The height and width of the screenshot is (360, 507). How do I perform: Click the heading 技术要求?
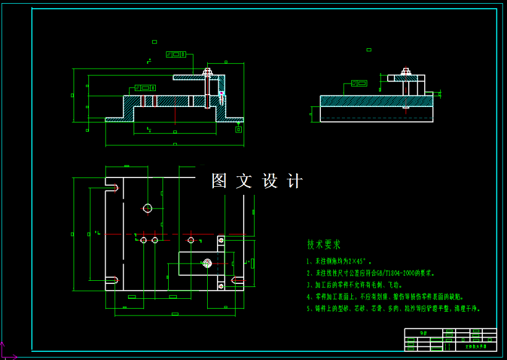point(324,245)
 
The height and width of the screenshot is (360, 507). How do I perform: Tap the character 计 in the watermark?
point(296,181)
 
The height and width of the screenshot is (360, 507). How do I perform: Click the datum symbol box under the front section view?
point(239,129)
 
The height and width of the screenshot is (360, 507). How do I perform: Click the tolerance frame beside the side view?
point(359,83)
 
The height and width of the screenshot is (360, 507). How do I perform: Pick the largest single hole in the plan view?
point(147,208)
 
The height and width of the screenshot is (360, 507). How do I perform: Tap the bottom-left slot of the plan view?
point(112,280)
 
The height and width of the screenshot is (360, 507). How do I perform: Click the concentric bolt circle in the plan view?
point(207,263)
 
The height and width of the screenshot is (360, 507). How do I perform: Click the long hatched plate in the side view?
point(376,101)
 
